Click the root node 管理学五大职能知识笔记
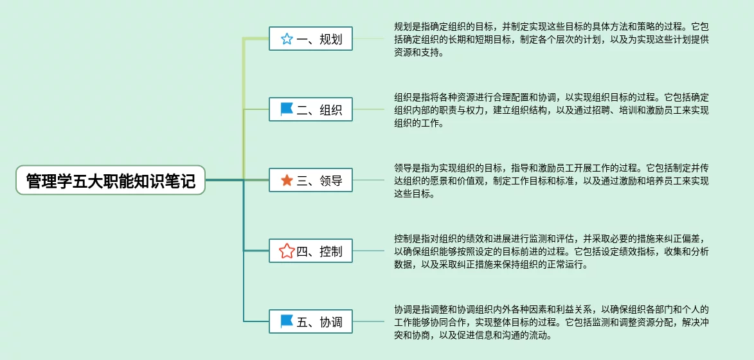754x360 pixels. tap(110, 180)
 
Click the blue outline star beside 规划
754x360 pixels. tap(287, 39)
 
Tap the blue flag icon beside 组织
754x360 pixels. tap(287, 110)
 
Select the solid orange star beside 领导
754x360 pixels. tap(287, 181)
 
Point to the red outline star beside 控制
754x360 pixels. tap(287, 251)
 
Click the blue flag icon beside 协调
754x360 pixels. tap(287, 321)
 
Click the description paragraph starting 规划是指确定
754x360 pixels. tap(551, 40)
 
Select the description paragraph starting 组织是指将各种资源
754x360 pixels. tap(551, 110)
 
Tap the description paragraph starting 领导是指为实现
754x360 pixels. tap(551, 181)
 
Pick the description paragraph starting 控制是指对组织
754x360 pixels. tap(551, 251)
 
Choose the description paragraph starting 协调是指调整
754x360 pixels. tap(551, 322)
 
